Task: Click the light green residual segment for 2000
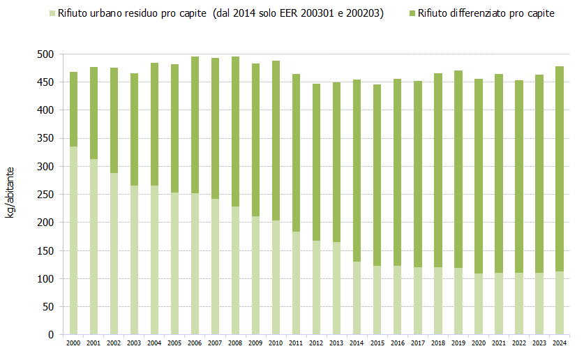click(x=73, y=240)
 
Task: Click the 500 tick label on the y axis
click(x=45, y=54)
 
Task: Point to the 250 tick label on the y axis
click(x=45, y=195)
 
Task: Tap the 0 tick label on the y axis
click(x=50, y=335)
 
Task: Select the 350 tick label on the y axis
click(x=45, y=139)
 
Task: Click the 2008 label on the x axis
click(x=235, y=343)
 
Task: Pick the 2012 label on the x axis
click(x=316, y=343)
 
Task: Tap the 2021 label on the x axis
click(x=498, y=343)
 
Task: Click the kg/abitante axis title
click(x=12, y=193)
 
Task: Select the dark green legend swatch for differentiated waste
click(x=412, y=13)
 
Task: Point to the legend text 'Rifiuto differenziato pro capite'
click(x=486, y=13)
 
